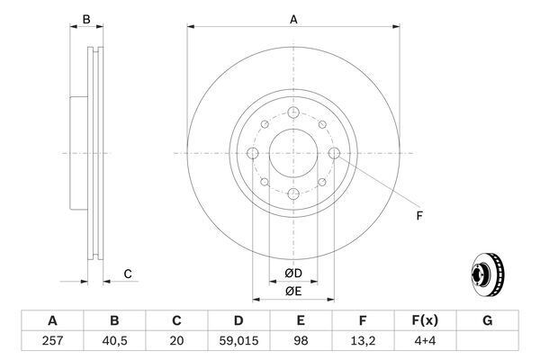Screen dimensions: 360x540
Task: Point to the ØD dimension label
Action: pos(293,273)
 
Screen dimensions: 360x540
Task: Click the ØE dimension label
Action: pos(293,291)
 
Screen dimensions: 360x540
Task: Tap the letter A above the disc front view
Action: pos(293,19)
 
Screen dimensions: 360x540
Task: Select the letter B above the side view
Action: pos(86,19)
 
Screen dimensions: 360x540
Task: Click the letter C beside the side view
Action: pos(128,274)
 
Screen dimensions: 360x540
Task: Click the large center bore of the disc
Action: pos(292,153)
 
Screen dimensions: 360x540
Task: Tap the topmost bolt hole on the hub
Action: pos(292,112)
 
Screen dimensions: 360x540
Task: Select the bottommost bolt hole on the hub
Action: pos(292,195)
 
